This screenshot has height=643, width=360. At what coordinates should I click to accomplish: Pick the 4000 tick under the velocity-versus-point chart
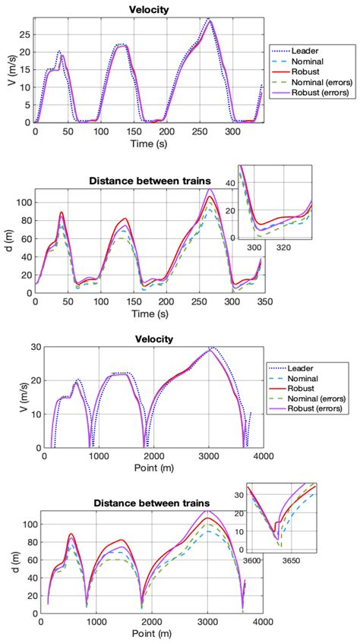(x=263, y=455)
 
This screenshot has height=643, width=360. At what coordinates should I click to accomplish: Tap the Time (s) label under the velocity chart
(x=147, y=143)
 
